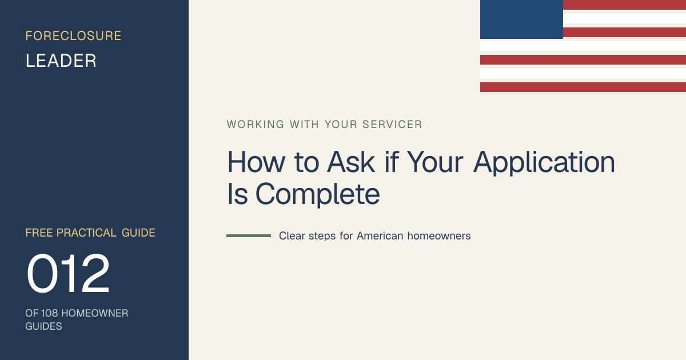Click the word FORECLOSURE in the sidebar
click(x=73, y=36)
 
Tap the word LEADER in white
click(x=61, y=61)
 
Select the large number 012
click(x=68, y=273)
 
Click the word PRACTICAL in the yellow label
click(x=86, y=233)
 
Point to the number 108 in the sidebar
click(x=49, y=313)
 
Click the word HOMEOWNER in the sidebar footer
click(x=95, y=313)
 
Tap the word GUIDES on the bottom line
click(x=43, y=326)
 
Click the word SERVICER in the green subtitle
click(x=392, y=125)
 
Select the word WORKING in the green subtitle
click(x=256, y=125)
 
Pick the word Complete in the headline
click(x=318, y=195)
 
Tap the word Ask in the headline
click(x=350, y=162)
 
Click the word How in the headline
click(x=256, y=162)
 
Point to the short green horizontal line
click(x=249, y=235)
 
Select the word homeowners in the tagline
click(x=439, y=235)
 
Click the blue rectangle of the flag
click(x=521, y=19)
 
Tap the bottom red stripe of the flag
click(x=583, y=87)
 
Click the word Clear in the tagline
click(x=292, y=235)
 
